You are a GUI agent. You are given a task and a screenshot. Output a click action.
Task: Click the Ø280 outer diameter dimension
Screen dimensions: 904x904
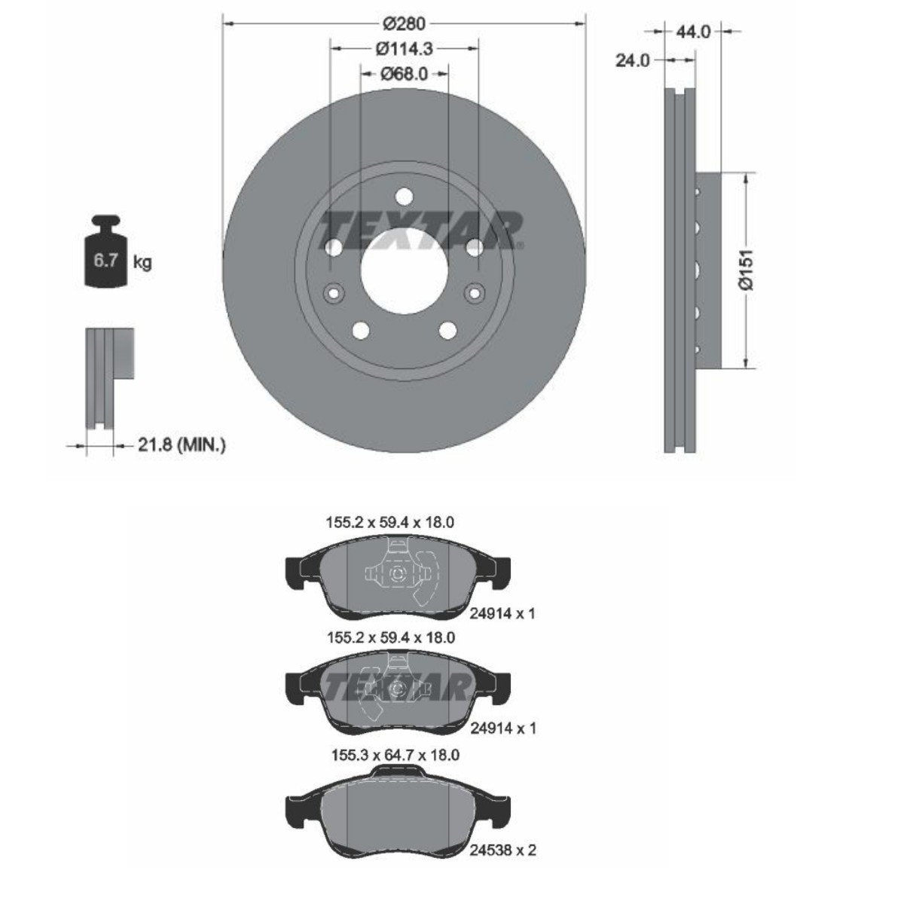click(404, 23)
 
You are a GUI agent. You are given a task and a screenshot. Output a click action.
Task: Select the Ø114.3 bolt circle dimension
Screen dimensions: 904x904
click(404, 49)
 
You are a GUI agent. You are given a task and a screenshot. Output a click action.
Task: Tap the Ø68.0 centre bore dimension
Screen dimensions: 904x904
click(404, 74)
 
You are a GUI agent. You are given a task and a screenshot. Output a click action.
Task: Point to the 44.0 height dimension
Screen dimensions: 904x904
click(693, 32)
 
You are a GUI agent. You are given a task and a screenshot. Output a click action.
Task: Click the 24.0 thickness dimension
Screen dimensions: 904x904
click(632, 60)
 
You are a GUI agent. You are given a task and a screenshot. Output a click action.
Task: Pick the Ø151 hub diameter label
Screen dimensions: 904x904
click(747, 270)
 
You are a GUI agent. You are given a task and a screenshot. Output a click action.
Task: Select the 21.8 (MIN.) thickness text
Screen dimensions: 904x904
click(182, 444)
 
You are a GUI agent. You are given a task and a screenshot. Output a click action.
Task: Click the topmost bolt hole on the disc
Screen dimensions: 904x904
click(404, 197)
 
